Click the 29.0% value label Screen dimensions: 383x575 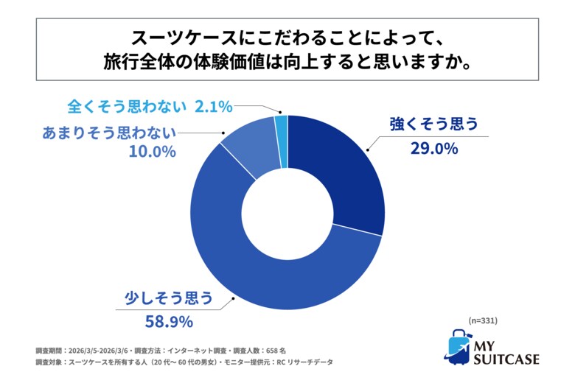(x=435, y=148)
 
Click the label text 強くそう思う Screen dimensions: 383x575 (x=435, y=124)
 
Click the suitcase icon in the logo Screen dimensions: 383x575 (x=459, y=346)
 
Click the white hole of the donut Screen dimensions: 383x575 (x=287, y=213)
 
